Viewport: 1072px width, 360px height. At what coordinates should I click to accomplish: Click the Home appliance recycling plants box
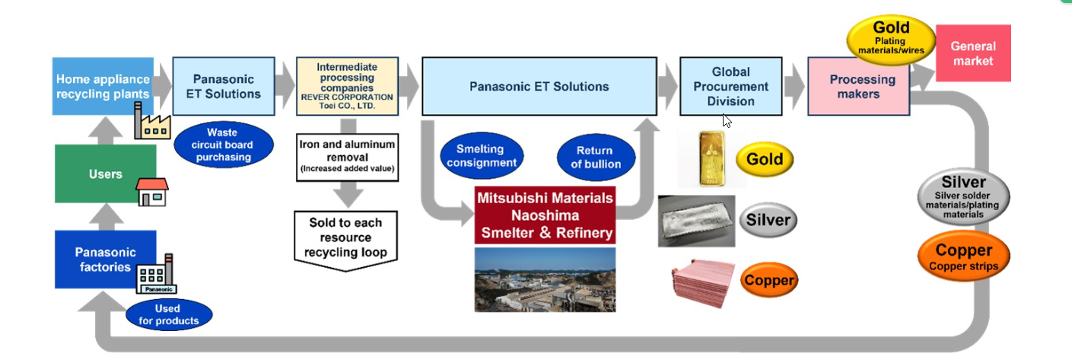pos(103,85)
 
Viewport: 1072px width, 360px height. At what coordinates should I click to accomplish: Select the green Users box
pos(105,174)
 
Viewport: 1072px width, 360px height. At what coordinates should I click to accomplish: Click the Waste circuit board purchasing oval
pos(222,145)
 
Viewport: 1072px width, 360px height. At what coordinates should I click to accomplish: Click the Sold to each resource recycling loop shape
pos(346,237)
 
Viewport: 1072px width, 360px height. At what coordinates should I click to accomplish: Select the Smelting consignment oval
pos(482,156)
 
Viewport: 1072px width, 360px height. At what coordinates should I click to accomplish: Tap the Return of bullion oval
pos(594,158)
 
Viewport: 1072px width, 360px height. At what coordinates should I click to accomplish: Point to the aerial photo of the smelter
pos(544,279)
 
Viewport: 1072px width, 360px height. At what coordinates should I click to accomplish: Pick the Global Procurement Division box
pos(730,86)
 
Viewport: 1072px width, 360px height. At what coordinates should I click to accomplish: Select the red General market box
pos(972,53)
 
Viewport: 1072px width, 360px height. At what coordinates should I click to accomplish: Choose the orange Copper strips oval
pos(963,256)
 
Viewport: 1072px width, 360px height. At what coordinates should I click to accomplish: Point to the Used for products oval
pos(169,314)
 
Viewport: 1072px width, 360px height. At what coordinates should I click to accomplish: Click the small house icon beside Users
pos(151,193)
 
